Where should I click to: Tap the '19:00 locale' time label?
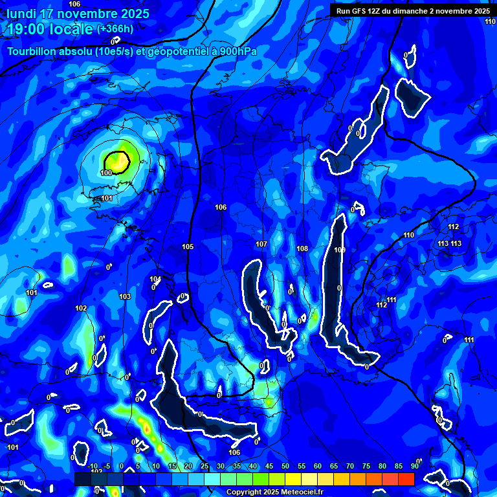[50, 29]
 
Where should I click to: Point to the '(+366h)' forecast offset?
[115, 29]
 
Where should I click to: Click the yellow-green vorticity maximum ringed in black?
[117, 160]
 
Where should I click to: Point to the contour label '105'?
[188, 247]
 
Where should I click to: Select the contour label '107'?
[261, 244]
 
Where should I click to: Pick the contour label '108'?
[302, 248]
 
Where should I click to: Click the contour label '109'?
[340, 250]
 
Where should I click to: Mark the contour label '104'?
[155, 280]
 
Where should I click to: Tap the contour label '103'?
[125, 296]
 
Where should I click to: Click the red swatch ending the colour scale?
[406, 479]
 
